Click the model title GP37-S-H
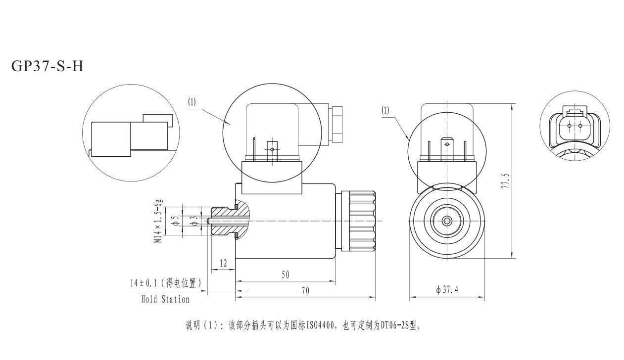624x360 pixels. point(47,66)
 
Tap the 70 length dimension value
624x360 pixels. point(305,291)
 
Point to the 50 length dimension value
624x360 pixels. point(285,274)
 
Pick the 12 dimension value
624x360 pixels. point(223,263)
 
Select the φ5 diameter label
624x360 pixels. point(174,221)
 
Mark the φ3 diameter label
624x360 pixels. point(195,221)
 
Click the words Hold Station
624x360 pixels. point(165,299)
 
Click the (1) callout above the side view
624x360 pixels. point(192,102)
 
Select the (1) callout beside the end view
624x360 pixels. point(385,110)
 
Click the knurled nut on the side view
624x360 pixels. point(363,221)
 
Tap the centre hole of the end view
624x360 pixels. point(447,221)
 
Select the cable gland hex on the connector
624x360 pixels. point(337,122)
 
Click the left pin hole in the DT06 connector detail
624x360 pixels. point(569,126)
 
